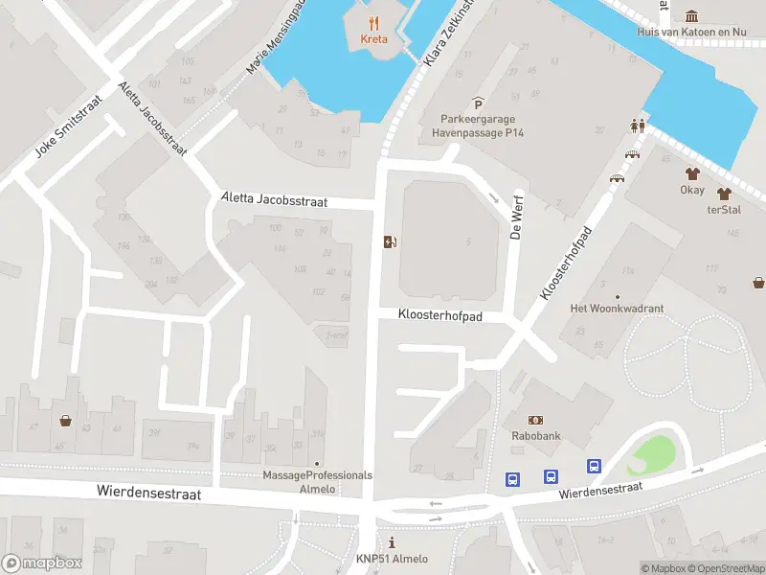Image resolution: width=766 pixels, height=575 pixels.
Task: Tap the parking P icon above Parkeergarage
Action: tap(478, 103)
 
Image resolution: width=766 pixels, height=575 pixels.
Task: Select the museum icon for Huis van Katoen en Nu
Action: tap(692, 15)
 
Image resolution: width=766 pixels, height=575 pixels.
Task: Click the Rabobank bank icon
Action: tap(535, 420)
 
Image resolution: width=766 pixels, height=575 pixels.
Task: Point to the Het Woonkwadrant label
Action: tap(617, 308)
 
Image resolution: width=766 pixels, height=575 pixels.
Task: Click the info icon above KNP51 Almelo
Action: tap(392, 543)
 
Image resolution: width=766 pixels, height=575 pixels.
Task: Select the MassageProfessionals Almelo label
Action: tap(317, 481)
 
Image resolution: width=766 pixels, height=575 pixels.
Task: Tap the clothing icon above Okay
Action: tap(693, 173)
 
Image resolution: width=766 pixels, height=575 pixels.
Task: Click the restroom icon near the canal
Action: tap(637, 125)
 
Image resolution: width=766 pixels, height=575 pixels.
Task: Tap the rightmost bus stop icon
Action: tap(594, 467)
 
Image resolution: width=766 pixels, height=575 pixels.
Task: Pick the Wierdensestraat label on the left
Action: tap(148, 492)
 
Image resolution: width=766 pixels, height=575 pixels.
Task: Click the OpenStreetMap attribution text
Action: tap(722, 568)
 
